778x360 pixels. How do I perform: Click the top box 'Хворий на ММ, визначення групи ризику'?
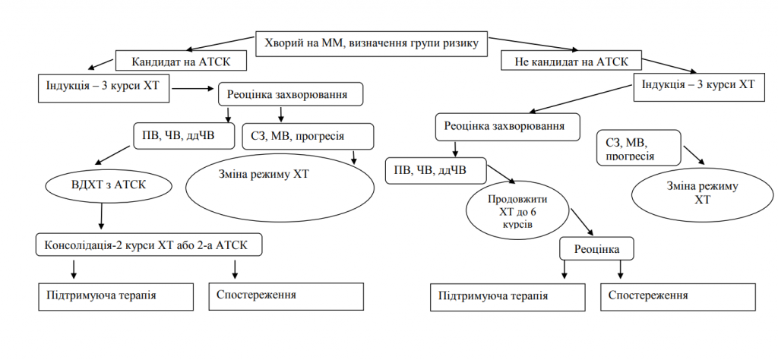point(371,43)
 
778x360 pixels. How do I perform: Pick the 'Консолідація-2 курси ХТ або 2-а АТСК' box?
point(149,245)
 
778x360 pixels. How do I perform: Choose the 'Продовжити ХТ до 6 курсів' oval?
point(517,211)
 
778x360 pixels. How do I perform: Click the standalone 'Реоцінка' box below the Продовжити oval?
point(596,248)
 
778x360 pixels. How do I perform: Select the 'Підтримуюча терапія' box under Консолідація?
point(112,295)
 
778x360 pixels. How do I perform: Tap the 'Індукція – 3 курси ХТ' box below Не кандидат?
point(697,86)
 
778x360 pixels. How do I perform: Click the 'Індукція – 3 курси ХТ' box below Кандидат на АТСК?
point(103,87)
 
